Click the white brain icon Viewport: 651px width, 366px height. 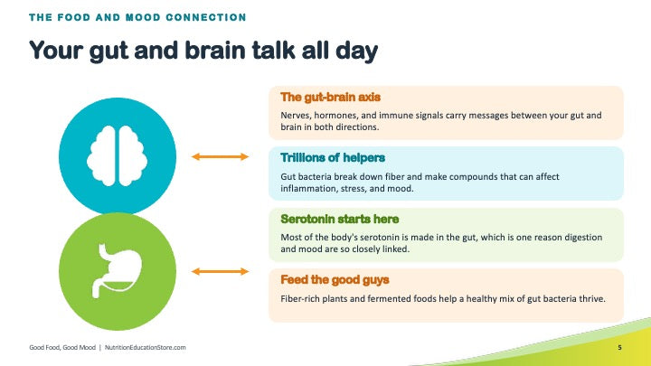(x=117, y=156)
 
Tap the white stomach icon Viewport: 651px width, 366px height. (x=117, y=271)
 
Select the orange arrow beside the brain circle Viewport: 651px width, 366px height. (x=220, y=156)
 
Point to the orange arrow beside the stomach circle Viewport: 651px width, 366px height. (x=220, y=271)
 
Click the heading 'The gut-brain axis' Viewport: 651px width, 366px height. (x=331, y=97)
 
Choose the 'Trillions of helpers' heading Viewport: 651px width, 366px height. (x=333, y=157)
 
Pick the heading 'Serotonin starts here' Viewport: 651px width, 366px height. (x=340, y=219)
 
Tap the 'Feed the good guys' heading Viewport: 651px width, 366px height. (x=335, y=279)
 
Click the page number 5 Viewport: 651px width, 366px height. (x=620, y=347)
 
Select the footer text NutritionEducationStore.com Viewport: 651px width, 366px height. (x=146, y=347)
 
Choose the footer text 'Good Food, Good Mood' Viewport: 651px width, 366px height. (x=62, y=347)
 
